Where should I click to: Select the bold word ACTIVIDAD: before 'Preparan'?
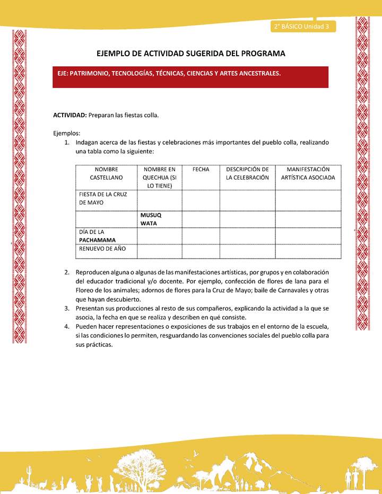tap(70, 115)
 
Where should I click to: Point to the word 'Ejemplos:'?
tap(67, 133)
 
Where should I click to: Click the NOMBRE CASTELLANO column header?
tap(106, 173)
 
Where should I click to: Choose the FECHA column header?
tap(201, 169)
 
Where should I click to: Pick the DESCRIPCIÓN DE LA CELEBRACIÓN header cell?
tap(247, 173)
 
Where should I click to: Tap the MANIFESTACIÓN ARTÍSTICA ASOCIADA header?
tap(308, 173)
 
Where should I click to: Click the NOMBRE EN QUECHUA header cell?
tap(159, 177)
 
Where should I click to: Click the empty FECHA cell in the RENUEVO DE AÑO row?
tap(201, 251)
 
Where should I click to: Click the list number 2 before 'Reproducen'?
tap(67, 272)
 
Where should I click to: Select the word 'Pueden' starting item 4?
tap(86, 326)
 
